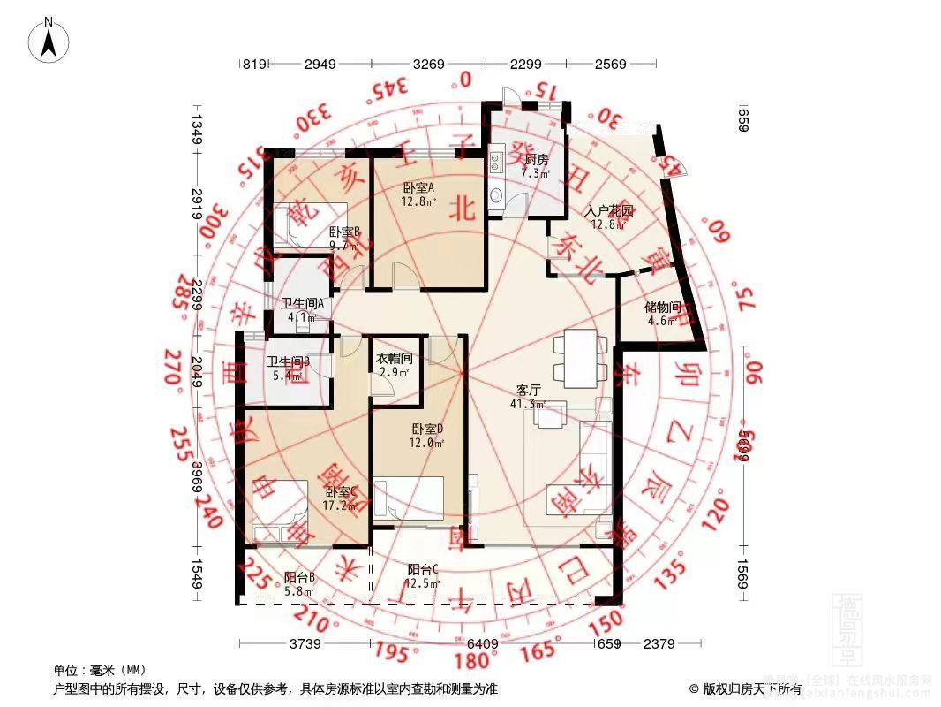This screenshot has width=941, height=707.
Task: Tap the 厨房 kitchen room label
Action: [536, 160]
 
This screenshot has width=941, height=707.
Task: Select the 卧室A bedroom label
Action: [418, 187]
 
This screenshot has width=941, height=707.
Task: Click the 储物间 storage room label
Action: [662, 308]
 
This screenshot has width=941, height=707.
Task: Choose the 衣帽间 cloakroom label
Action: [395, 358]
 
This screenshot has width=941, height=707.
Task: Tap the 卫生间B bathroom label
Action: [287, 361]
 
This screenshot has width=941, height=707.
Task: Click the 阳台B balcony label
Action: [299, 578]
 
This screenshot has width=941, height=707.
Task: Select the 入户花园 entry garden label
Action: [610, 211]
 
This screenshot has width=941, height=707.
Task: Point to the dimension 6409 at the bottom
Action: [482, 644]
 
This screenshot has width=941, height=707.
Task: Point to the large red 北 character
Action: [463, 206]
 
